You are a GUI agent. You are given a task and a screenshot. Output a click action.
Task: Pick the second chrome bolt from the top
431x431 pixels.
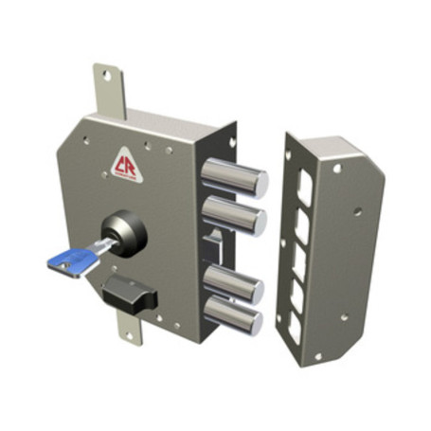pos(235,215)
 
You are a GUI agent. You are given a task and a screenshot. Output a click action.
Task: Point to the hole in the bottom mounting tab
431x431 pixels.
pos(125,331)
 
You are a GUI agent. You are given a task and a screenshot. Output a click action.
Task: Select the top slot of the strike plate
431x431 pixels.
pos(302,183)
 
